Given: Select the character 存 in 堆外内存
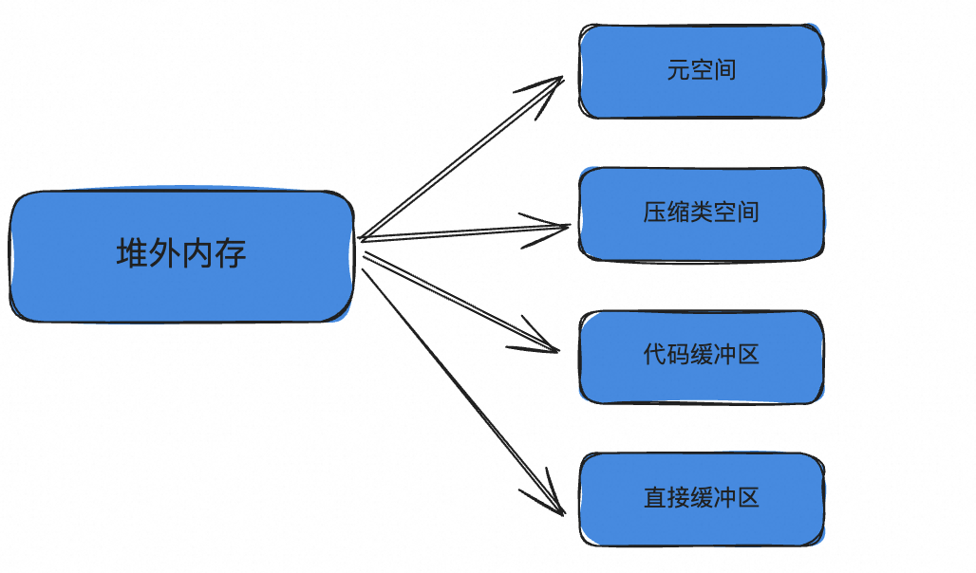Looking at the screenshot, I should (231, 254).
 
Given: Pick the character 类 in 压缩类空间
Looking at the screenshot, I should (702, 213).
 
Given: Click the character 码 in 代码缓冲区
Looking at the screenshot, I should (678, 356).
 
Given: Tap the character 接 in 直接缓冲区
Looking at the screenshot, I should (678, 498).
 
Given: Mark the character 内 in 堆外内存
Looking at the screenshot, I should (197, 254).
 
